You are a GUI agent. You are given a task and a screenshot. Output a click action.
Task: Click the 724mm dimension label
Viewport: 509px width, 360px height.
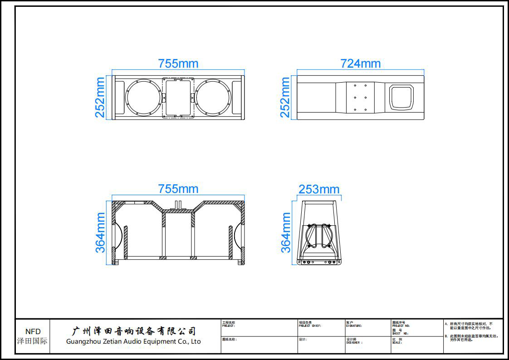pos(361,64)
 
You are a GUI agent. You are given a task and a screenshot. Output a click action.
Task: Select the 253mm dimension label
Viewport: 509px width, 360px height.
pos(319,189)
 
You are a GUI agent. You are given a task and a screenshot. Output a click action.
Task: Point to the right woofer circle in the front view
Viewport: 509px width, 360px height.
pos(213,98)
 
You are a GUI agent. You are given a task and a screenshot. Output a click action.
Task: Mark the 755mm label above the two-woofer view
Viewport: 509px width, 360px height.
pos(178,64)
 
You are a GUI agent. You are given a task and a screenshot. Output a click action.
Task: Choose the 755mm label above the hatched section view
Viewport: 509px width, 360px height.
pos(178,189)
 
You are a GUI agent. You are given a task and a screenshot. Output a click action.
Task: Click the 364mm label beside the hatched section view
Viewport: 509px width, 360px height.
pos(100,232)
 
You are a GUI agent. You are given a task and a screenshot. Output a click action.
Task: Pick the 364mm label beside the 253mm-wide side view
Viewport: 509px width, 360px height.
pos(286,232)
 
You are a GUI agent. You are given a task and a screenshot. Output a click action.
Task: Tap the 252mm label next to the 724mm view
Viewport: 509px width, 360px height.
pos(285,97)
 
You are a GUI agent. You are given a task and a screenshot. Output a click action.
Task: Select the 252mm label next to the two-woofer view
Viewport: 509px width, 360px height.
pos(100,97)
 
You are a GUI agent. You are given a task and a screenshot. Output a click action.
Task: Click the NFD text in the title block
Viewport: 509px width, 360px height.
pos(33,331)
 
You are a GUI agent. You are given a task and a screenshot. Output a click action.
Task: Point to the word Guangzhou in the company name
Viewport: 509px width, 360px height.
pos(83,341)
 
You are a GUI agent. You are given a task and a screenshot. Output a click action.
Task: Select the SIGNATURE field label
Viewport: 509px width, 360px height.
pos(354,326)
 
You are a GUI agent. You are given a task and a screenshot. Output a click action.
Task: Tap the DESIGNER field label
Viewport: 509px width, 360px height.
pos(354,343)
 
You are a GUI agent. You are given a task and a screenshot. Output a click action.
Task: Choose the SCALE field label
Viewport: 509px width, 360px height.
pos(397,343)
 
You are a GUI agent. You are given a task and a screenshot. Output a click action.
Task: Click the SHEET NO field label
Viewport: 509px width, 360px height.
pos(400,333)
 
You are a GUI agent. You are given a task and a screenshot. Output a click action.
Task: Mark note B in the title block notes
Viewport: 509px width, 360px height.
pos(472,338)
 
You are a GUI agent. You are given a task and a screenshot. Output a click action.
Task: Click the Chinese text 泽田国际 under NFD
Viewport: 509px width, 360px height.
pos(32,341)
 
